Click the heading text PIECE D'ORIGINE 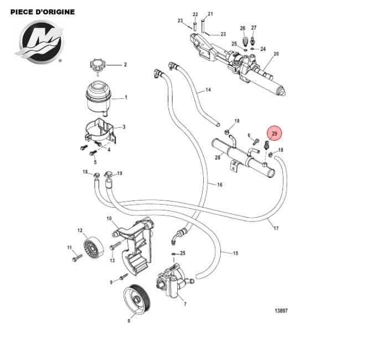click(x=43, y=12)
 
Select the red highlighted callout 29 click(x=275, y=134)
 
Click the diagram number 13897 click(x=281, y=311)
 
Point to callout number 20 click(x=276, y=54)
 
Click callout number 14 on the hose click(x=208, y=90)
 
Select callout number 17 click(x=276, y=228)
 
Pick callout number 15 click(x=235, y=253)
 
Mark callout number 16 click(x=219, y=184)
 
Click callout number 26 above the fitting click(x=243, y=28)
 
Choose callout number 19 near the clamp click(x=120, y=173)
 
